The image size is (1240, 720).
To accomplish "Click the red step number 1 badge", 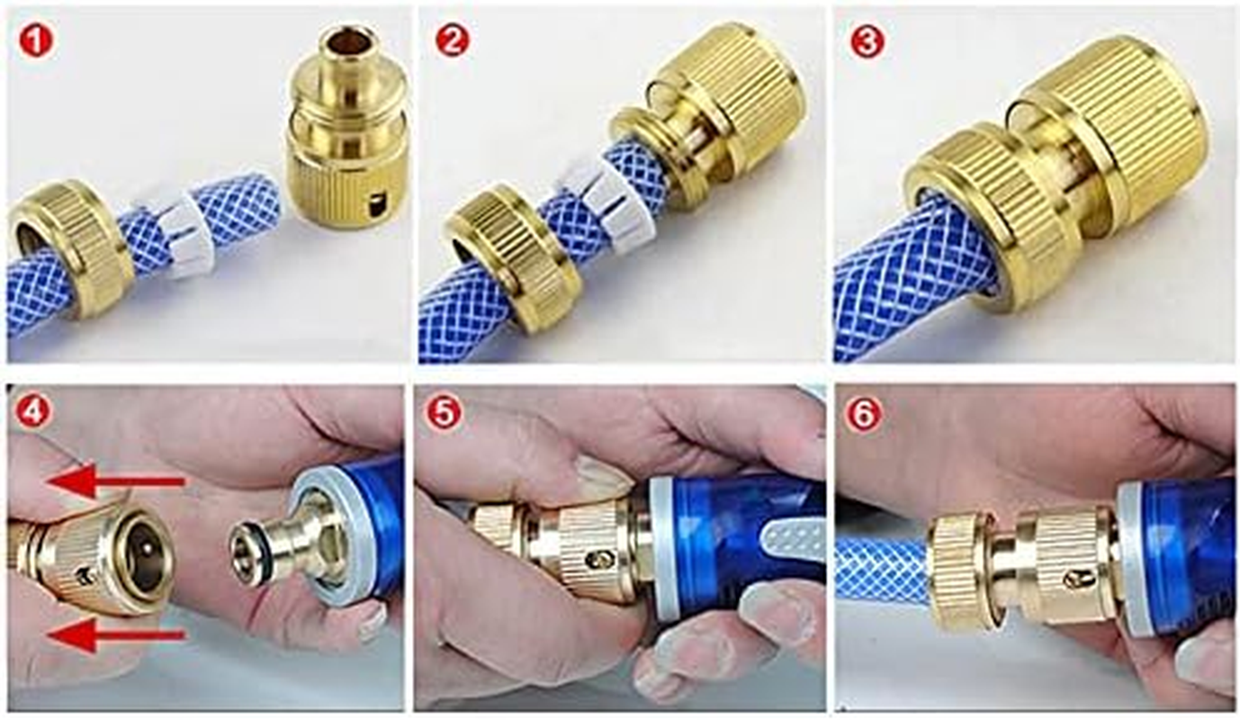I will coord(37,41).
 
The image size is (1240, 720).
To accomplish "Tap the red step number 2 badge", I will coord(451,41).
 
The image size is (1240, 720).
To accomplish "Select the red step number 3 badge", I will coord(867,41).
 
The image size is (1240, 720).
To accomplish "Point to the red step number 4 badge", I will coord(35,412).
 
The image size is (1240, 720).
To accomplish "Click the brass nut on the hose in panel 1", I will coord(70,256).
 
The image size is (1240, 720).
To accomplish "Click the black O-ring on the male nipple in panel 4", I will coord(266,544).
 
